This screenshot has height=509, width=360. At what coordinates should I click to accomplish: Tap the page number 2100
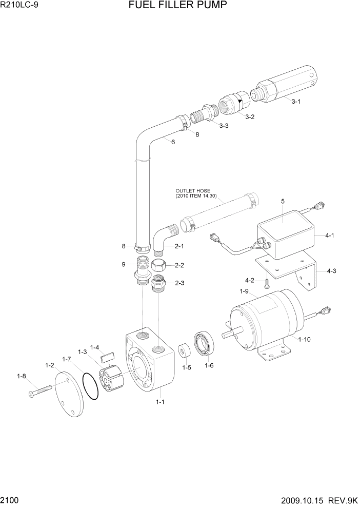(x=11, y=500)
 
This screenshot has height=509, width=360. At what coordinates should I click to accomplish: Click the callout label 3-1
(x=296, y=102)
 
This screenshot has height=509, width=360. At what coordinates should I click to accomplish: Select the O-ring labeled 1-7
(x=90, y=386)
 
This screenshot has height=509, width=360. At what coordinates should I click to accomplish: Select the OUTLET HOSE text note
(x=193, y=192)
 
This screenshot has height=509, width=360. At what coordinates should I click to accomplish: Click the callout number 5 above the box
(x=282, y=202)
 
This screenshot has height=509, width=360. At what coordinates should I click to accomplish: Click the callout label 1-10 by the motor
(x=304, y=339)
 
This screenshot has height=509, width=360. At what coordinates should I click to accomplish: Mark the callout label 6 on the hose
(x=173, y=142)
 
